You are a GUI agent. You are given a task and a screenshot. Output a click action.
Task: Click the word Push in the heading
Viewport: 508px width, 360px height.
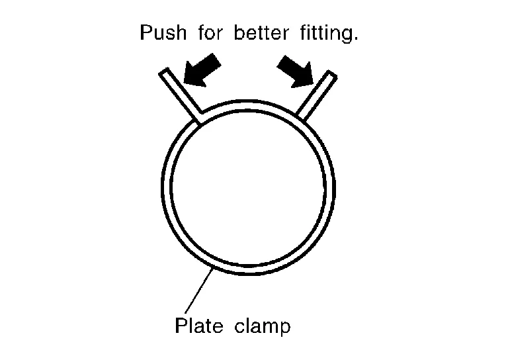click(163, 32)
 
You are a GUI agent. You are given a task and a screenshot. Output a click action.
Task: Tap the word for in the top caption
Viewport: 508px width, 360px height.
click(210, 32)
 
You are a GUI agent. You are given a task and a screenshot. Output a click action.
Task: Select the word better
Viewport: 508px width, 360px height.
click(261, 32)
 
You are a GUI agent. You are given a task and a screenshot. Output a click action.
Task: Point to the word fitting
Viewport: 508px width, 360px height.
click(327, 34)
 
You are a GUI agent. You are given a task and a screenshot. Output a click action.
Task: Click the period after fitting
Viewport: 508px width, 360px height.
click(356, 39)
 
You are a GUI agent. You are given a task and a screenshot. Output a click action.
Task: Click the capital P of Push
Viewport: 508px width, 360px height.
click(146, 32)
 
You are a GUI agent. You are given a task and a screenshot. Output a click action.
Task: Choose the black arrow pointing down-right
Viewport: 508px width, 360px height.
click(295, 71)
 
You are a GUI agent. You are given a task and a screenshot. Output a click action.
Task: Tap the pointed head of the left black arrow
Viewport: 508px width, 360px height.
click(185, 82)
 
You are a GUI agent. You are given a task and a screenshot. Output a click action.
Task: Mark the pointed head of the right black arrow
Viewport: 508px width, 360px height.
click(312, 85)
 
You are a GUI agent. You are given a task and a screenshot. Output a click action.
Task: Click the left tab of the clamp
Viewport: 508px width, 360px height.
click(181, 95)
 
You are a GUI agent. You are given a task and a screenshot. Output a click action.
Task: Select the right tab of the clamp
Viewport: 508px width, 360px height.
click(317, 95)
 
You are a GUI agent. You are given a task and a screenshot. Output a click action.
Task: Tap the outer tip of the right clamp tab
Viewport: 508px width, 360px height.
click(333, 73)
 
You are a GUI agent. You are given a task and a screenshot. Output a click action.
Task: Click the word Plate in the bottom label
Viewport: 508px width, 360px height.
click(199, 325)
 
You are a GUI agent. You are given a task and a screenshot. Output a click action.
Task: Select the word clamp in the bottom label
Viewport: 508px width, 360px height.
click(262, 326)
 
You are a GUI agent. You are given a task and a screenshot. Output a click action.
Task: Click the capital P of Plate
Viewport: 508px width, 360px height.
click(181, 325)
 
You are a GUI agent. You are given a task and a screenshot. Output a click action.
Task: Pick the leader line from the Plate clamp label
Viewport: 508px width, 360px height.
click(199, 291)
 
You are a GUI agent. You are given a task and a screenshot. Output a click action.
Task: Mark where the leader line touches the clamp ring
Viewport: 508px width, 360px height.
click(213, 269)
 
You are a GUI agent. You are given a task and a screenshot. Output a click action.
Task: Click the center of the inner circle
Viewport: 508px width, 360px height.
click(247, 187)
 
